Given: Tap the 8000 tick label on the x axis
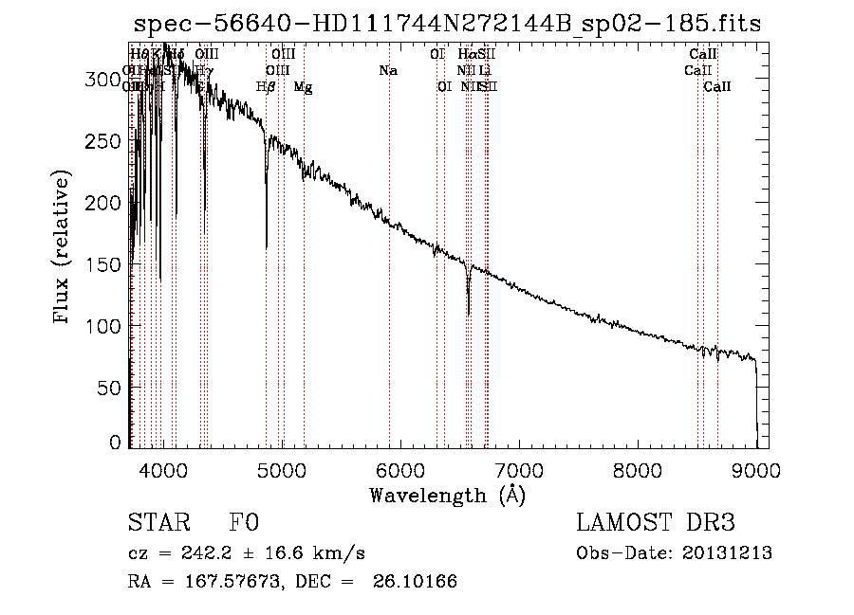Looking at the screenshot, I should [x=638, y=471].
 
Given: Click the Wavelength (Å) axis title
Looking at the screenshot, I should [x=447, y=495].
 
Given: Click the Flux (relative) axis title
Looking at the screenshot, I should [x=63, y=248].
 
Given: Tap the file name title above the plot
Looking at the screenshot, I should [x=447, y=24].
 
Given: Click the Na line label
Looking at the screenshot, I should [x=387, y=71].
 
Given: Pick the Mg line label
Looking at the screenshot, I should [x=304, y=87].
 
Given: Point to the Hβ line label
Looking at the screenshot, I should [x=266, y=87].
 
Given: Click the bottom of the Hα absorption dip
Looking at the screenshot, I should [x=468, y=314].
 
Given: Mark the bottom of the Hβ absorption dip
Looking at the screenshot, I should [x=266, y=247].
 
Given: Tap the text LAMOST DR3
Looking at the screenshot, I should [x=655, y=523].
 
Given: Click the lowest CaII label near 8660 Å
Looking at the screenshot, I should [x=717, y=87].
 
